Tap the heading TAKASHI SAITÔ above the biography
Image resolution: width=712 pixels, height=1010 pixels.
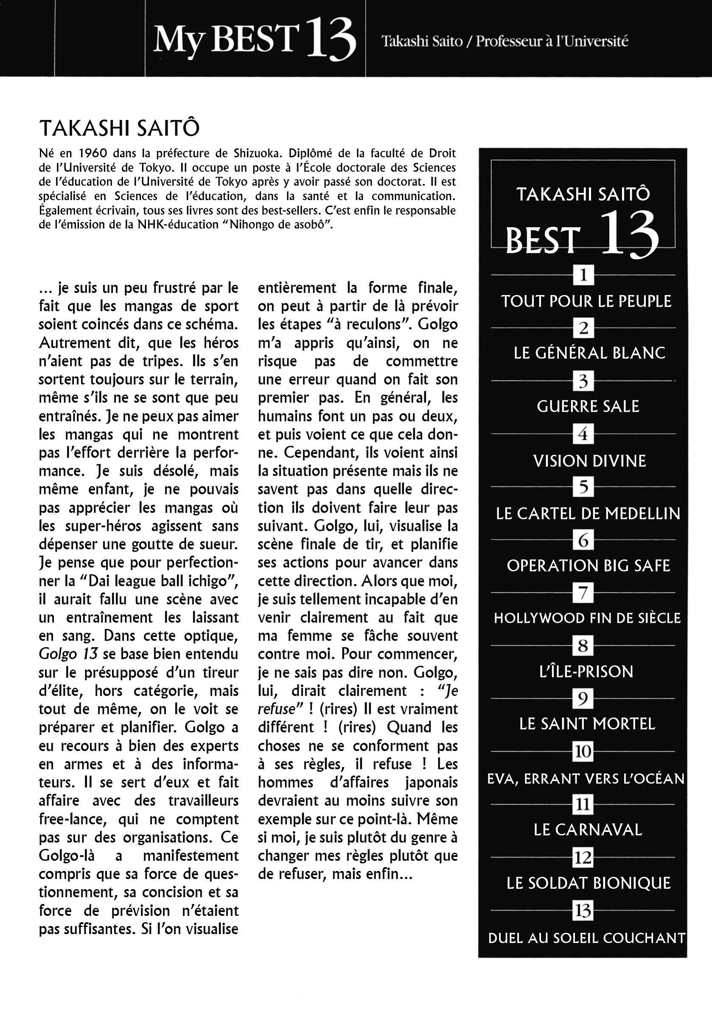point(119,128)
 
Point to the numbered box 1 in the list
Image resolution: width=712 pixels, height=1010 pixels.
point(583,275)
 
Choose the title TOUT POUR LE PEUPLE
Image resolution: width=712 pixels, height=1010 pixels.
point(586,301)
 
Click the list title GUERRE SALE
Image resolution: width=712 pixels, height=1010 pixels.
point(588,407)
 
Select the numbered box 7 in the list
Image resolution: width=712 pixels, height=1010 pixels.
point(583,593)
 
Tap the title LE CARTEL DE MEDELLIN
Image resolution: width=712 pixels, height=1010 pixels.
point(588,513)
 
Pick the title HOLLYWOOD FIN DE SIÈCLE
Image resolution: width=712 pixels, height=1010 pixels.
point(587,618)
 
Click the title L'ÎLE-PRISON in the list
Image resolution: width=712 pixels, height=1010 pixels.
point(586,671)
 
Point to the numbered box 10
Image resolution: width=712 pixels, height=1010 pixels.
point(583,751)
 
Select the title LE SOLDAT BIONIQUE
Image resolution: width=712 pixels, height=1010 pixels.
point(588,883)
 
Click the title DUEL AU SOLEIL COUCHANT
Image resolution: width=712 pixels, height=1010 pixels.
point(586,938)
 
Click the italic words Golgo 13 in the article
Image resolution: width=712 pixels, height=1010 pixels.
point(68,654)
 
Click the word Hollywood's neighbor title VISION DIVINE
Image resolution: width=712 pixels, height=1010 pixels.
point(589,461)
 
